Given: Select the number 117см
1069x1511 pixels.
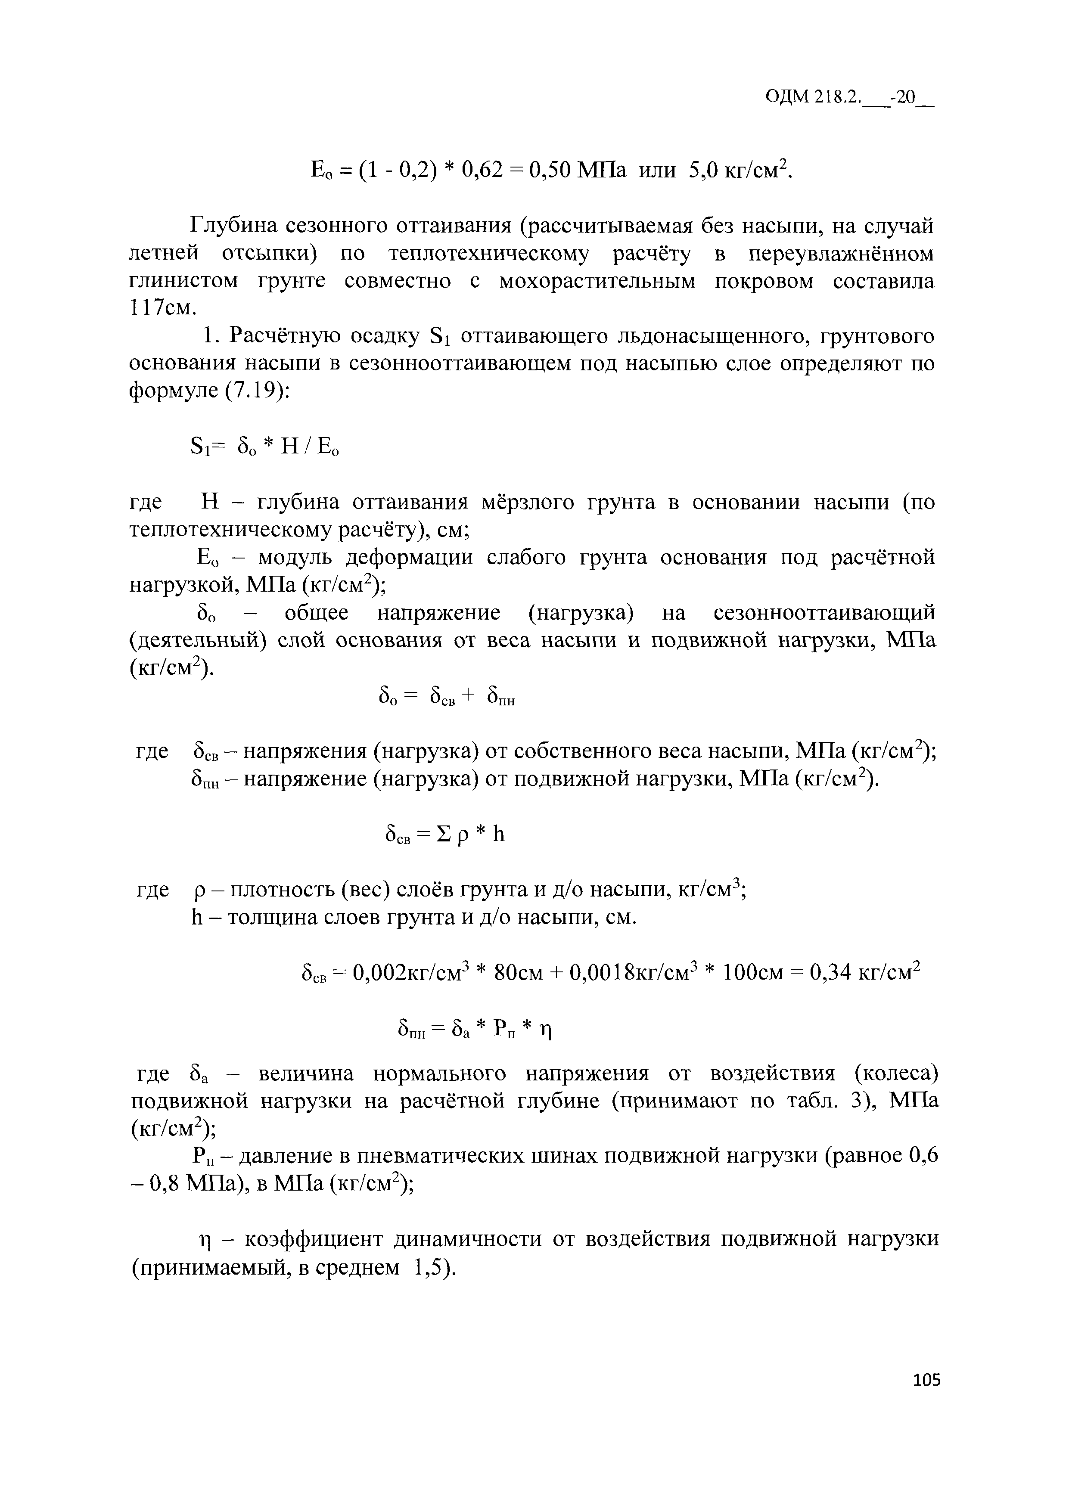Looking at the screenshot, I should click(162, 308).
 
